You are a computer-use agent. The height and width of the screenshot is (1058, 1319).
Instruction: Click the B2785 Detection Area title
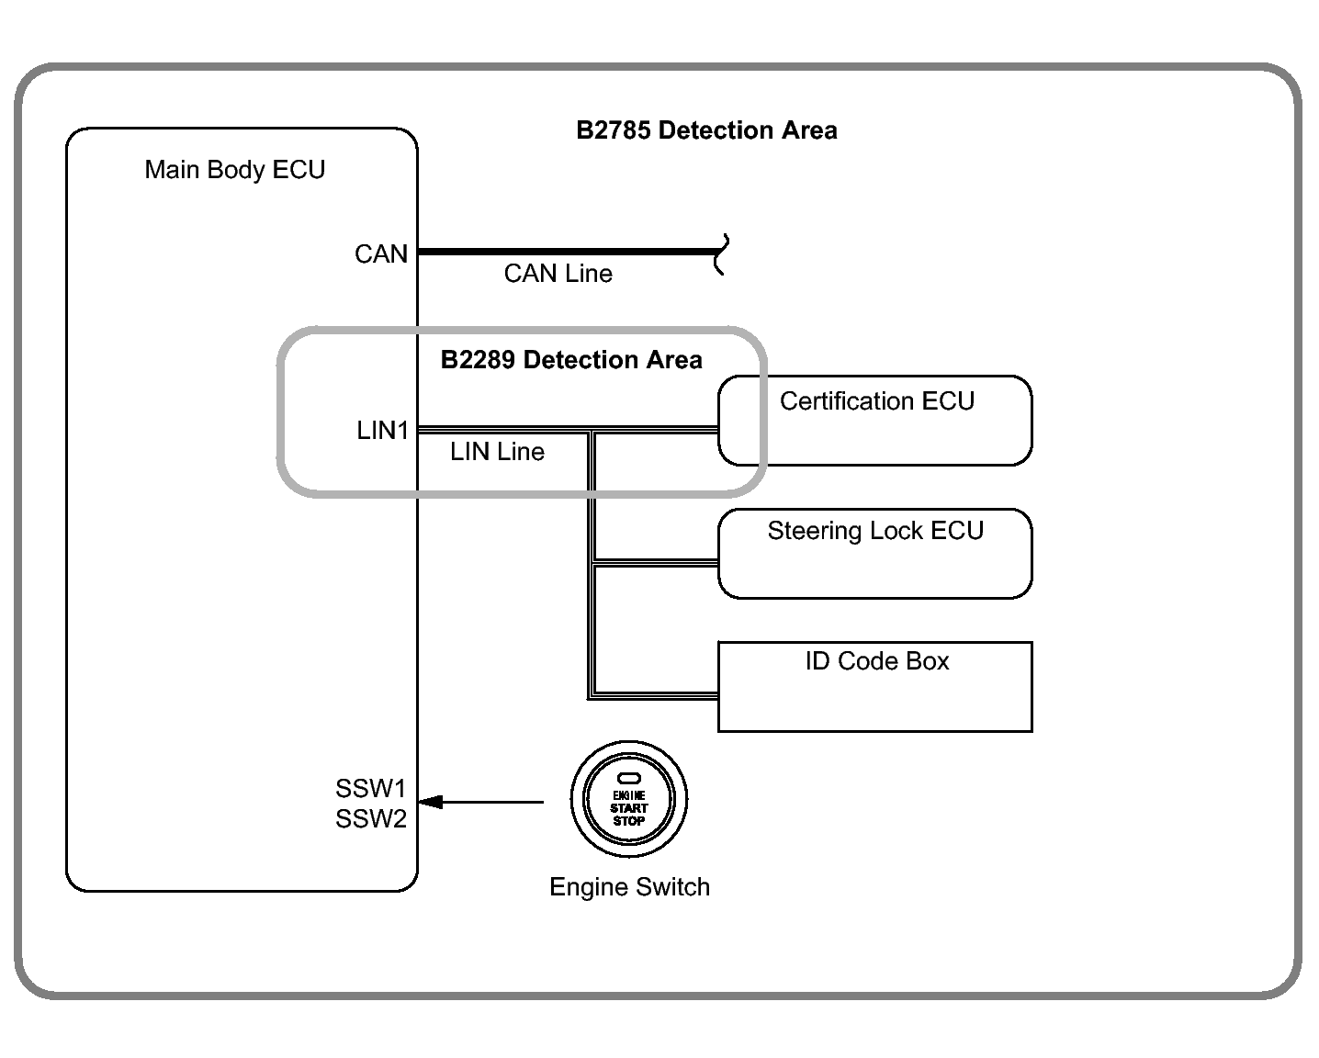click(706, 130)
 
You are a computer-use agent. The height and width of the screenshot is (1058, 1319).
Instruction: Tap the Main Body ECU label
click(235, 170)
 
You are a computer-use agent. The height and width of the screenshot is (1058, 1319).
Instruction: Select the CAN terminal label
click(381, 254)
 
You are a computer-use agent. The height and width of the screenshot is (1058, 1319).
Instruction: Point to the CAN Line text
click(558, 274)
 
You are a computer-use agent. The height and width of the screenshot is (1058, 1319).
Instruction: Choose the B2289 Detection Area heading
click(571, 360)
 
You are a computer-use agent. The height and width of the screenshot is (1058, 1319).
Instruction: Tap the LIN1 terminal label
click(382, 431)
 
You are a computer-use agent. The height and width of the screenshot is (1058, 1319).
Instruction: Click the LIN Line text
click(497, 452)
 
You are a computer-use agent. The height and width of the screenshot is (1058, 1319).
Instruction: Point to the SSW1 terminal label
click(370, 789)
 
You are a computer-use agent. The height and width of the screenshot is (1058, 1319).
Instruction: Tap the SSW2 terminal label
click(370, 819)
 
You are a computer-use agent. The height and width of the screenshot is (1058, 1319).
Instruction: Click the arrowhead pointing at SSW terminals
click(430, 802)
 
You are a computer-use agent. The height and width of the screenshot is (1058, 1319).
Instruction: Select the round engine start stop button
click(629, 800)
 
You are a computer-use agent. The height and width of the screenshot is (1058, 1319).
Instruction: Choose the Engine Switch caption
click(629, 887)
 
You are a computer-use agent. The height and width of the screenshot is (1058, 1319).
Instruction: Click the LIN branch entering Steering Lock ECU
click(655, 561)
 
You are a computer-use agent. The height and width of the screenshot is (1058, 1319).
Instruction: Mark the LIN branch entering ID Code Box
click(655, 694)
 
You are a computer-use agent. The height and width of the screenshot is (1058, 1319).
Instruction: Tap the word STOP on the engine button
click(629, 821)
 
